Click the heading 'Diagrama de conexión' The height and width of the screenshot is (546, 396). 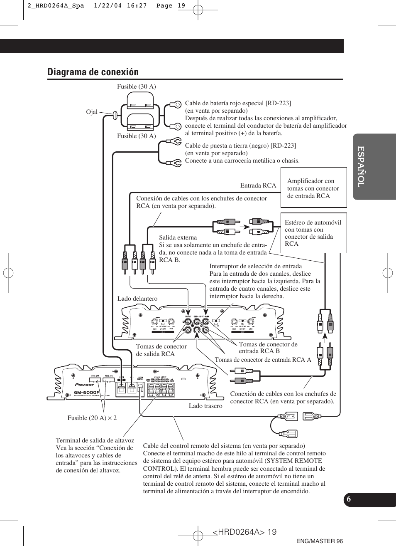pos(93,72)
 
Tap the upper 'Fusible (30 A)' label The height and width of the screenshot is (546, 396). pos(136,86)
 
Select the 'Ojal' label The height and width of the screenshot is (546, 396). pos(92,112)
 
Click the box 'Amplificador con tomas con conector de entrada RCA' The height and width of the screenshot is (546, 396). pos(313,188)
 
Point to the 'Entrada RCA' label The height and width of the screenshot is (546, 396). pos(258,185)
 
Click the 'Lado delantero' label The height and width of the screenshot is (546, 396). pos(137,299)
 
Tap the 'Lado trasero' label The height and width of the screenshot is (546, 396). pos(205,406)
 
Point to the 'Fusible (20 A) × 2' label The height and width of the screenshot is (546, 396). pos(92,418)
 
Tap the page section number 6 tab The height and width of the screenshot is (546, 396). pos(349,499)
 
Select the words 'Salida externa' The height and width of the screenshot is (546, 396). pos(178,237)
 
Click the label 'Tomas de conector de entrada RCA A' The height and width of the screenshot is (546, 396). pos(263,360)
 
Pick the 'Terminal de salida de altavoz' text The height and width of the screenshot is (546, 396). pos(95,440)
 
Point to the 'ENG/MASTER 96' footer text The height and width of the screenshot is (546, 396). pos(320,541)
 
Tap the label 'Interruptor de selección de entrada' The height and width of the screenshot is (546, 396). pos(256,266)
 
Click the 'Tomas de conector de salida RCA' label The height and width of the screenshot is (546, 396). pos(161,350)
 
